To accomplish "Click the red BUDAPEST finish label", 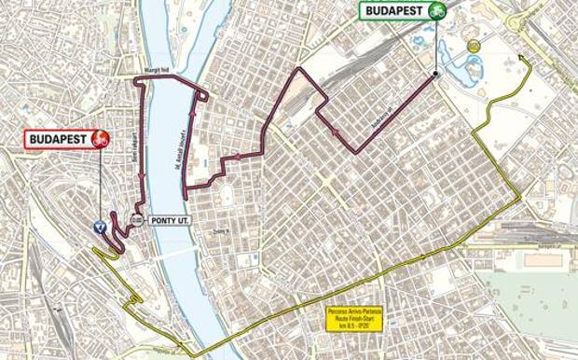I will click(58, 140).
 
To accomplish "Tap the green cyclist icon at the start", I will click(436, 11).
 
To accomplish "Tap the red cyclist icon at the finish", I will click(102, 140).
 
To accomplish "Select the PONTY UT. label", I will click(167, 221).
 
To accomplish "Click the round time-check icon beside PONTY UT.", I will click(137, 221).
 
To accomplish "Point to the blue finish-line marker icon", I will click(99, 226).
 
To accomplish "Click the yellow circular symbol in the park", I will click(474, 46).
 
